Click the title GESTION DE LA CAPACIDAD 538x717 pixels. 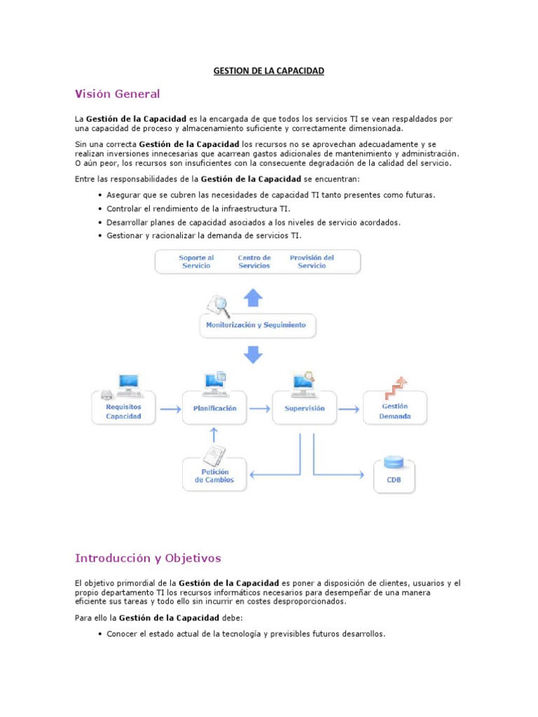[269, 71]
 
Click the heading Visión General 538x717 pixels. [117, 94]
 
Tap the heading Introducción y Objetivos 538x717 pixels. [147, 558]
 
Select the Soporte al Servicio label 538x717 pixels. [196, 262]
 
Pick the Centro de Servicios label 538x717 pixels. [254, 262]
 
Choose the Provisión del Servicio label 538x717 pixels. [312, 262]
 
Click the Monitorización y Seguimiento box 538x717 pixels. [256, 326]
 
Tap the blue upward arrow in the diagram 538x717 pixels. [254, 298]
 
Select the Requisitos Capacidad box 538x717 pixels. [123, 411]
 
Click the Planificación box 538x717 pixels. [210, 408]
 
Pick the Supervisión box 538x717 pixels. [305, 408]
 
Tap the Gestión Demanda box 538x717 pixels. [394, 411]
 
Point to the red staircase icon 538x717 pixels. [396, 387]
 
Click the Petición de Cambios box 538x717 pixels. [214, 476]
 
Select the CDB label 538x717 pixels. [394, 481]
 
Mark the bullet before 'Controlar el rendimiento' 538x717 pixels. [101, 209]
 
